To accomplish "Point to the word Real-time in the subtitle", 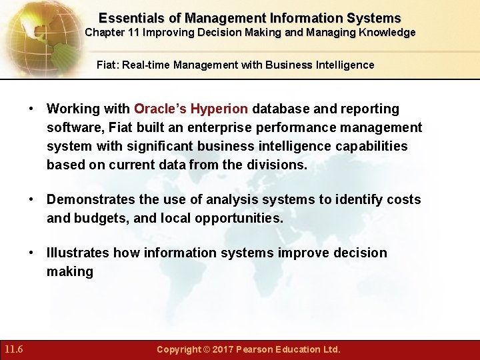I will click(145, 65).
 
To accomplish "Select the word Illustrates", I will click(77, 253).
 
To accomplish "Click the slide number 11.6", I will click(13, 349).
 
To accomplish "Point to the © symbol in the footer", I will click(207, 349).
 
